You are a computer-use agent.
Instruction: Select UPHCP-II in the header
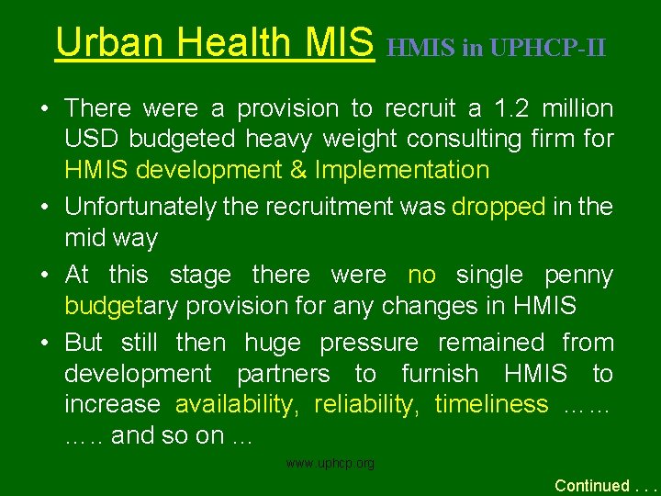coord(548,47)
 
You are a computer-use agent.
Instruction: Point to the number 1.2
coord(510,108)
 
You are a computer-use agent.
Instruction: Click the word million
coord(577,108)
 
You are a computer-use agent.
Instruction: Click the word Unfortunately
coord(140,207)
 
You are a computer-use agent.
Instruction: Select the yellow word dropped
coord(499,207)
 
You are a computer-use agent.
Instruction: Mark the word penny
coord(578,275)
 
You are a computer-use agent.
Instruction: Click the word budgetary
coord(114,306)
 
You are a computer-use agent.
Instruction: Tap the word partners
coord(283,374)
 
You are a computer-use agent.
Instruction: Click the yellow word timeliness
coord(491,404)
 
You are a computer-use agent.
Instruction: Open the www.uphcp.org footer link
coord(330,464)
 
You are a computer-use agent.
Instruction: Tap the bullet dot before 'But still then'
coord(44,343)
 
